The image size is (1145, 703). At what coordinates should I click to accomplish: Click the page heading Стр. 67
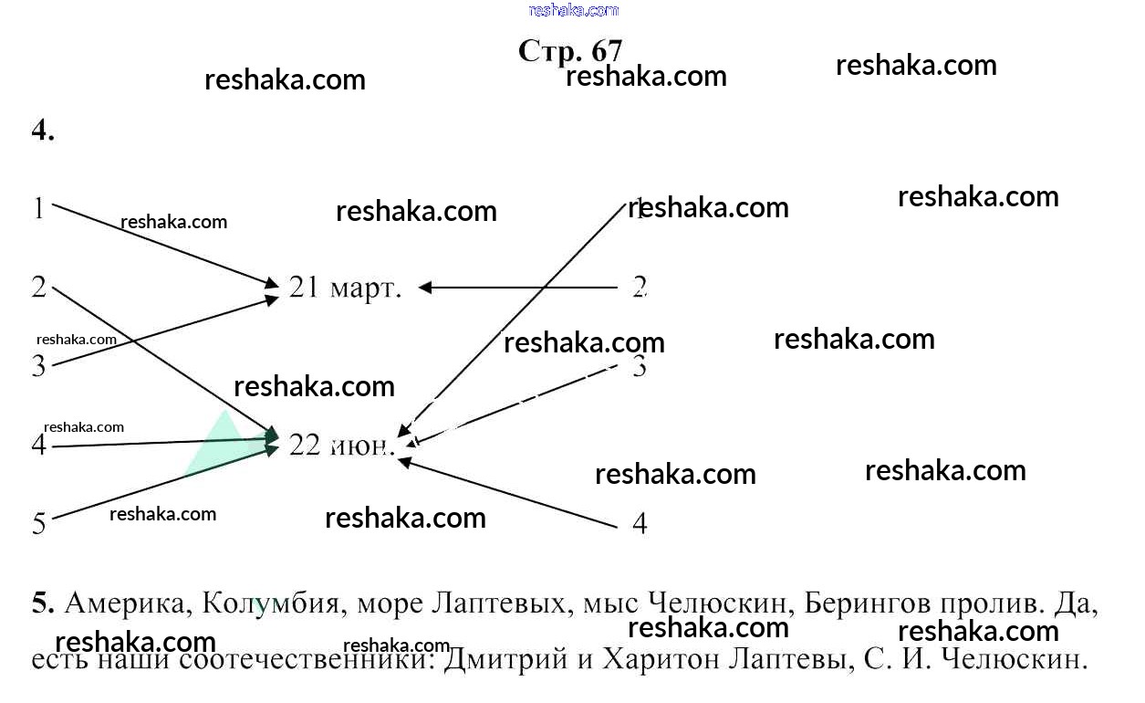coord(570,50)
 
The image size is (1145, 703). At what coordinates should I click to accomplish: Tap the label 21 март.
coord(345,288)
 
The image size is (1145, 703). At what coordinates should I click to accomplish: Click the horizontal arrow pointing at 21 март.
coord(518,288)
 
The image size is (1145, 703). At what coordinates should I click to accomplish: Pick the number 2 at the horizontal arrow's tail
coord(640,288)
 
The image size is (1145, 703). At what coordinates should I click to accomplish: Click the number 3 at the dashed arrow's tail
coord(640,367)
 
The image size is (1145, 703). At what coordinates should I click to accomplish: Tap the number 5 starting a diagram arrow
coord(38,523)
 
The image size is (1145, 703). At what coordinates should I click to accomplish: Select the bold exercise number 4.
coord(43,131)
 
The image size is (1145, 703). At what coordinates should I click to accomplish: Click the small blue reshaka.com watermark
coord(573,10)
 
